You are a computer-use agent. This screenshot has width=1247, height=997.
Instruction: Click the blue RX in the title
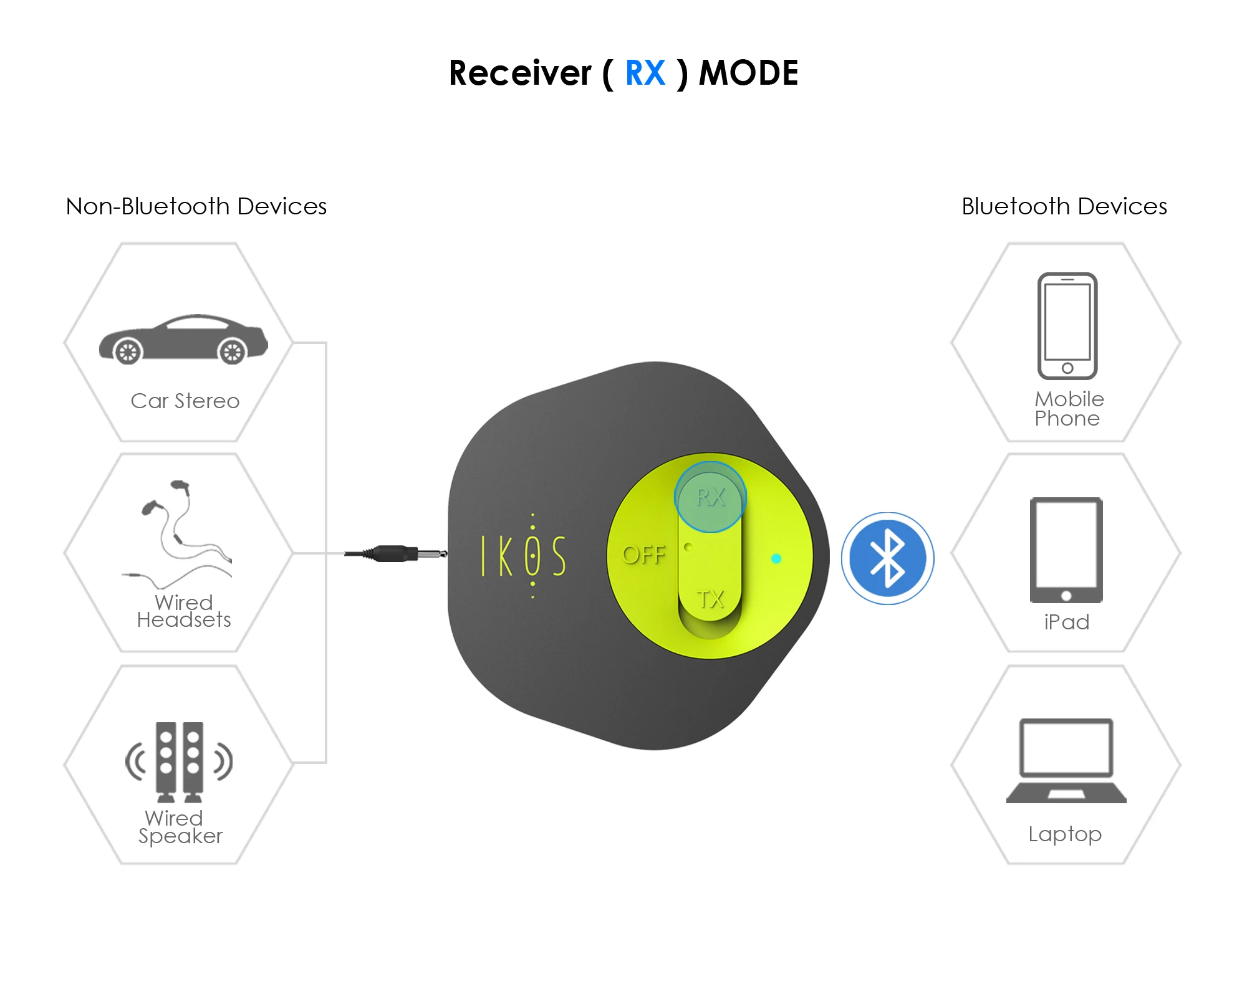[x=645, y=73]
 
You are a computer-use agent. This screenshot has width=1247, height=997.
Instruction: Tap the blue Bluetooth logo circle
[x=887, y=558]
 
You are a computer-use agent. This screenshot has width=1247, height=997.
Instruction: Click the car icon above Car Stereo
[x=183, y=339]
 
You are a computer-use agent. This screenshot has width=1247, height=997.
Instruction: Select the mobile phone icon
[x=1067, y=326]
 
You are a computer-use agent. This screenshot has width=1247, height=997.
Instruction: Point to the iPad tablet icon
[x=1066, y=550]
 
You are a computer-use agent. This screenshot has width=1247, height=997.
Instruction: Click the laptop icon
[x=1066, y=761]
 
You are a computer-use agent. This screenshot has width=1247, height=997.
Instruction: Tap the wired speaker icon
[x=180, y=761]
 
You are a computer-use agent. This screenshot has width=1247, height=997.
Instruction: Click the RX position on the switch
[x=710, y=497]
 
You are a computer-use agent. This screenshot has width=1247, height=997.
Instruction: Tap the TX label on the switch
[x=710, y=599]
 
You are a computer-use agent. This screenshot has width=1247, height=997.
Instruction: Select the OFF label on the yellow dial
[x=643, y=555]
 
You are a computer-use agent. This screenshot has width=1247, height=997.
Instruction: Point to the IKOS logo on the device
[x=524, y=555]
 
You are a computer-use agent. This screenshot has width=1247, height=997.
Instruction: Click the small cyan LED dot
[x=776, y=558]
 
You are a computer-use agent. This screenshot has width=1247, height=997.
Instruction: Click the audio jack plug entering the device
[x=397, y=553]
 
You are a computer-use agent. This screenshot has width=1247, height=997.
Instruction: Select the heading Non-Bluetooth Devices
[x=196, y=206]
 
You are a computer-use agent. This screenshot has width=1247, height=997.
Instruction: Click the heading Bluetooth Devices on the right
[x=1064, y=206]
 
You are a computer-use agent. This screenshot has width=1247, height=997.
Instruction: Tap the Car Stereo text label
[x=185, y=401]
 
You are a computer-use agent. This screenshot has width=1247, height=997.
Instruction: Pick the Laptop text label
[x=1065, y=834]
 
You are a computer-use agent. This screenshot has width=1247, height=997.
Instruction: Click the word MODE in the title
[x=748, y=73]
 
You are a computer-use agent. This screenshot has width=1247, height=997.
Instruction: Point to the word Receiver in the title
[x=520, y=73]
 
